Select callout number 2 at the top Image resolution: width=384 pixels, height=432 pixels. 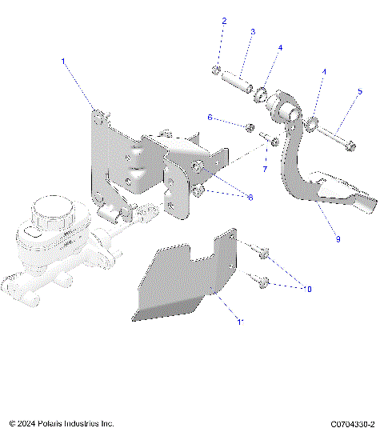(x=224, y=21)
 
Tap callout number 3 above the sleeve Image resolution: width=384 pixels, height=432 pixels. (x=253, y=32)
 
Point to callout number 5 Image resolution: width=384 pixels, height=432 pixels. (x=360, y=91)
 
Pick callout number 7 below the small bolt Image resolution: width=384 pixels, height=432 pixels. (x=265, y=169)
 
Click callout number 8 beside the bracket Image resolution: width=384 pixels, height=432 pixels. (x=250, y=197)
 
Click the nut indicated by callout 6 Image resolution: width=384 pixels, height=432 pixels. (x=250, y=128)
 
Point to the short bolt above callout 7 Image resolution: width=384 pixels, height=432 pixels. (x=271, y=143)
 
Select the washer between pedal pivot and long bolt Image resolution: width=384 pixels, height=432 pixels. (x=314, y=123)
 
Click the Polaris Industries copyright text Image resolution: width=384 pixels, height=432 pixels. (x=62, y=423)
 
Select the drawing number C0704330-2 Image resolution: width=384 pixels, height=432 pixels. (x=353, y=423)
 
